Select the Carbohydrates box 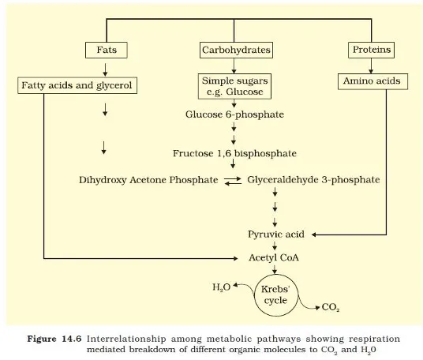[x=236, y=51]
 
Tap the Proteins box [x=370, y=51]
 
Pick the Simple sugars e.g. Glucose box [x=235, y=86]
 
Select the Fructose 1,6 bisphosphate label [x=234, y=153]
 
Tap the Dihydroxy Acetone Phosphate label [x=148, y=180]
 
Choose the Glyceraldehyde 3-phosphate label [x=313, y=180]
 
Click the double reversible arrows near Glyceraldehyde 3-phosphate [x=233, y=181]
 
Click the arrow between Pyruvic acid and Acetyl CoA [x=275, y=246]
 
